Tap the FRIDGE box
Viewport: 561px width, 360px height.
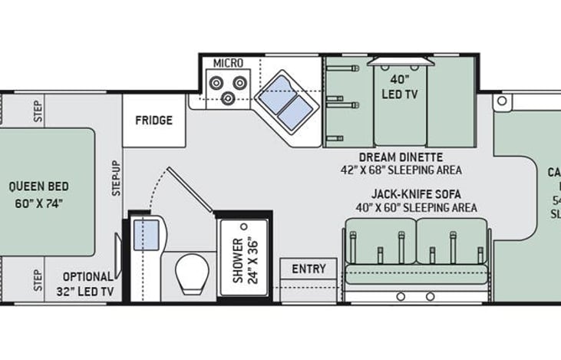pos(153,121)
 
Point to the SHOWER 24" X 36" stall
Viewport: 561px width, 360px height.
pos(243,257)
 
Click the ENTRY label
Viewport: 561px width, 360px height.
pos(309,269)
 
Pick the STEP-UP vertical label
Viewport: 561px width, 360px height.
pos(117,177)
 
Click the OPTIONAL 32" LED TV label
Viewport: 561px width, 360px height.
pos(84,284)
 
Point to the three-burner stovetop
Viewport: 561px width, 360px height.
pos(228,88)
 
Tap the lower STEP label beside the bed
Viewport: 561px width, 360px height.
pos(38,280)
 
